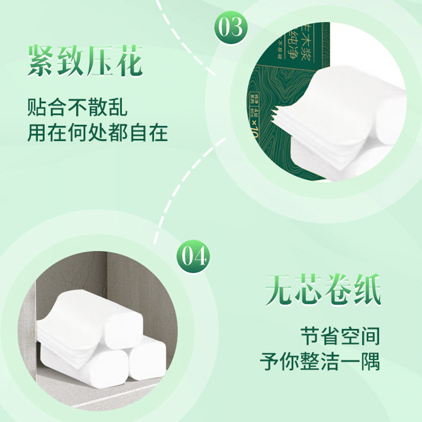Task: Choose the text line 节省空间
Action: pyautogui.click(x=340, y=337)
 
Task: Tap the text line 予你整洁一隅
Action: pyautogui.click(x=320, y=362)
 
